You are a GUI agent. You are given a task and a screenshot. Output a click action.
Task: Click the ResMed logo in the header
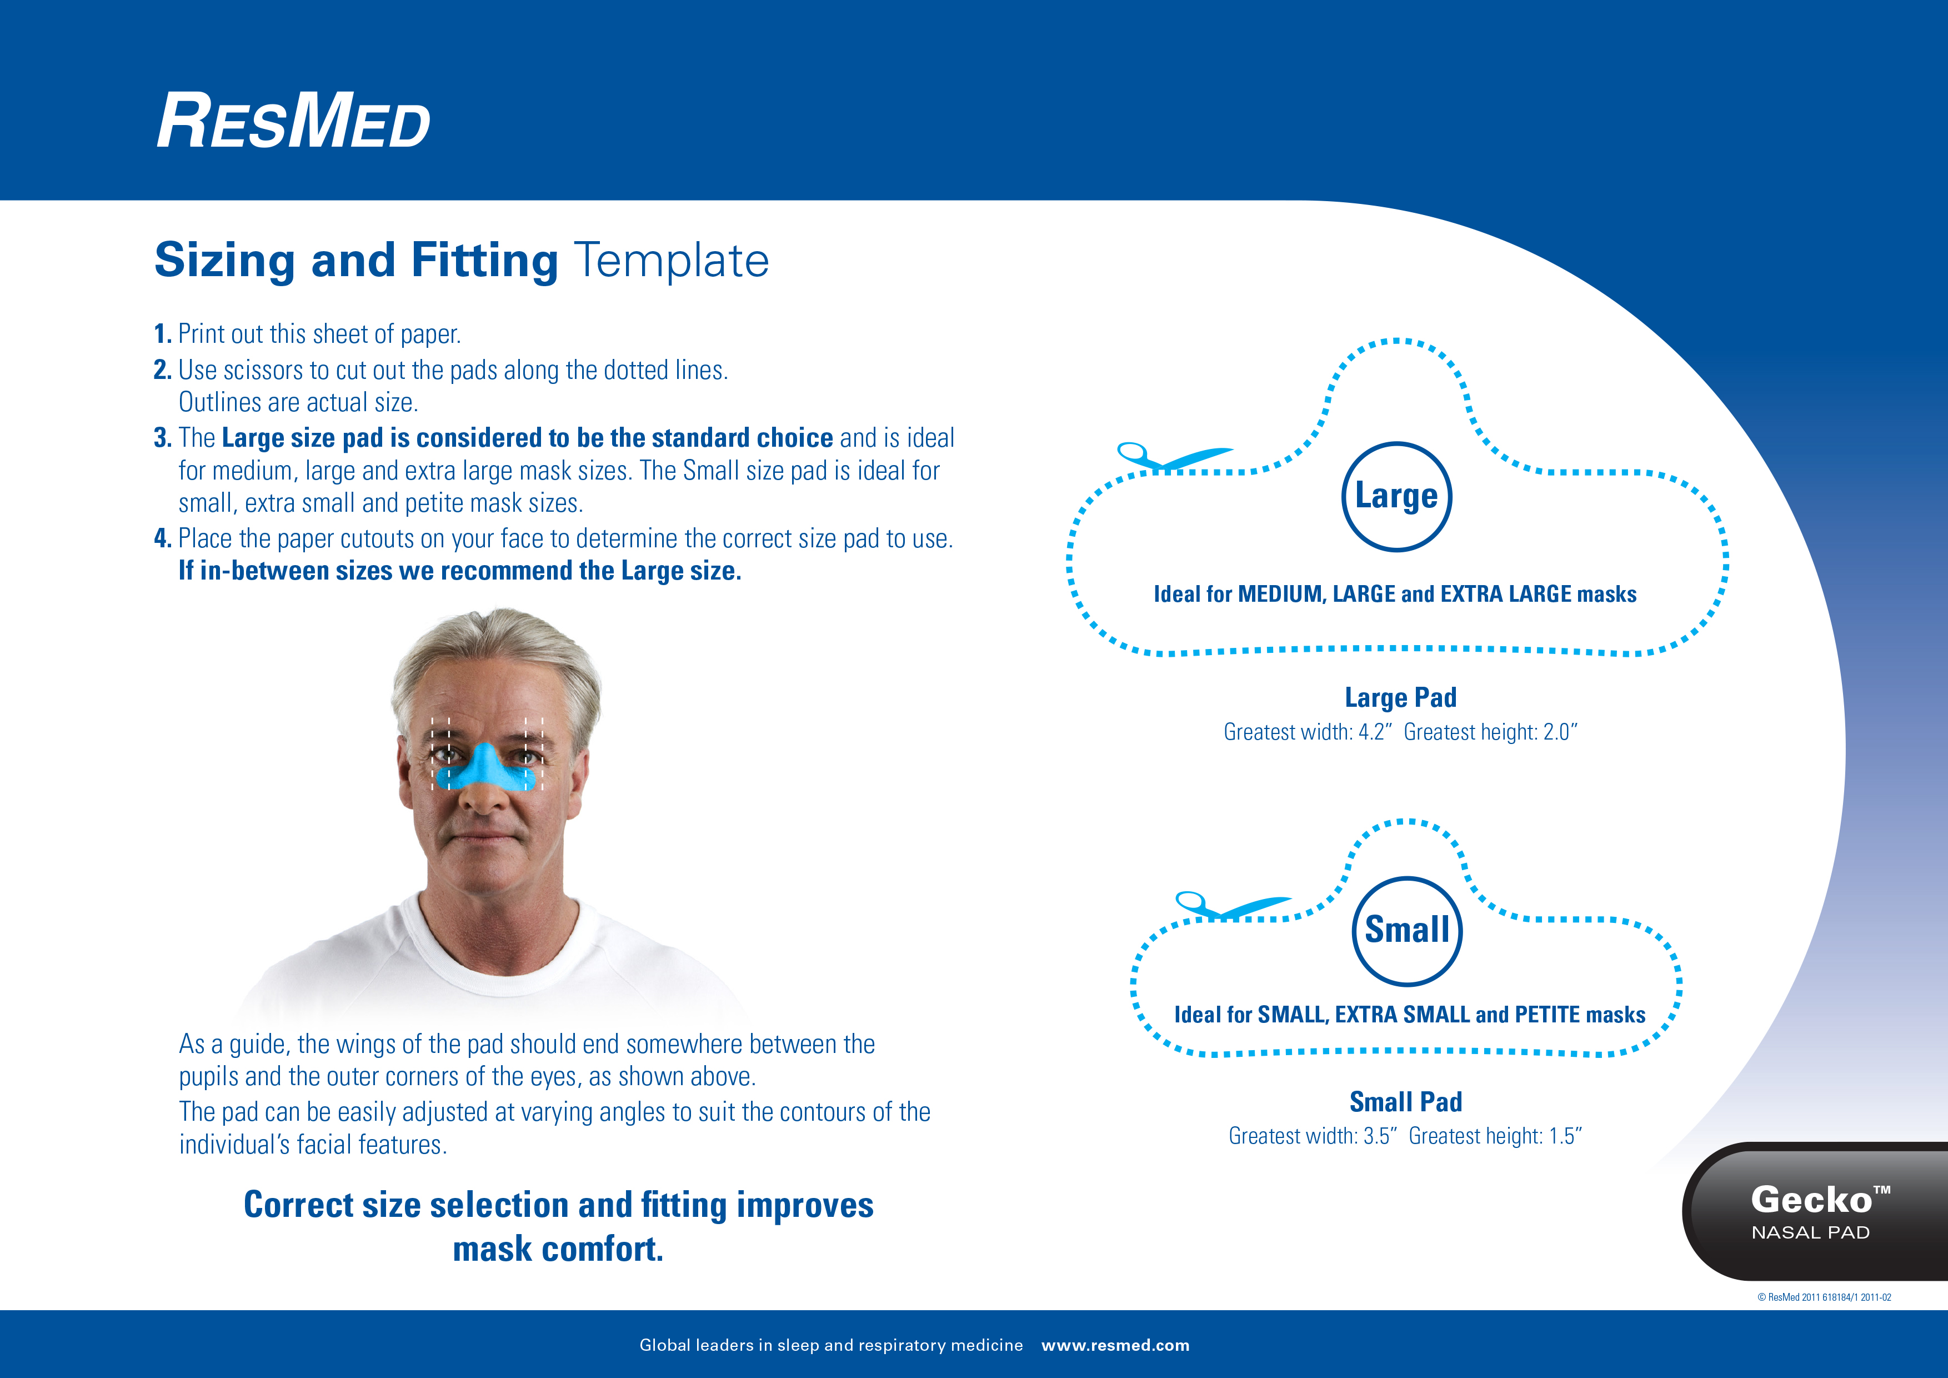293,121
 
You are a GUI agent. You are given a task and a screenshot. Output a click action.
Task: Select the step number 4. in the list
163,539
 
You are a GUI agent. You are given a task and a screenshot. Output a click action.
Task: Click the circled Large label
1396,496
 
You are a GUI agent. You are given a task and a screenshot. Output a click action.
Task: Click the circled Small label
1406,930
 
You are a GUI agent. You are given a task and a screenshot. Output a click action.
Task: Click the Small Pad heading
1406,1101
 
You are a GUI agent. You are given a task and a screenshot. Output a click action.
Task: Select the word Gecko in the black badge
1811,1200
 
